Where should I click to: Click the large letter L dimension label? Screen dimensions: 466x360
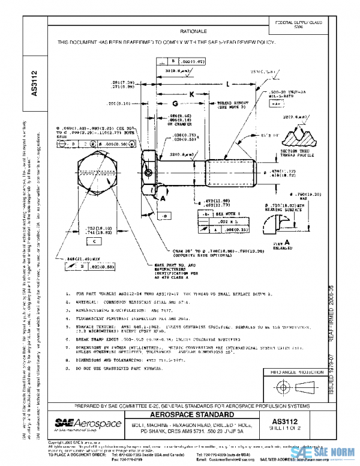click(228, 85)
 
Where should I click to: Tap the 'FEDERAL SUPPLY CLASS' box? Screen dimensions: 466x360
click(298, 24)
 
